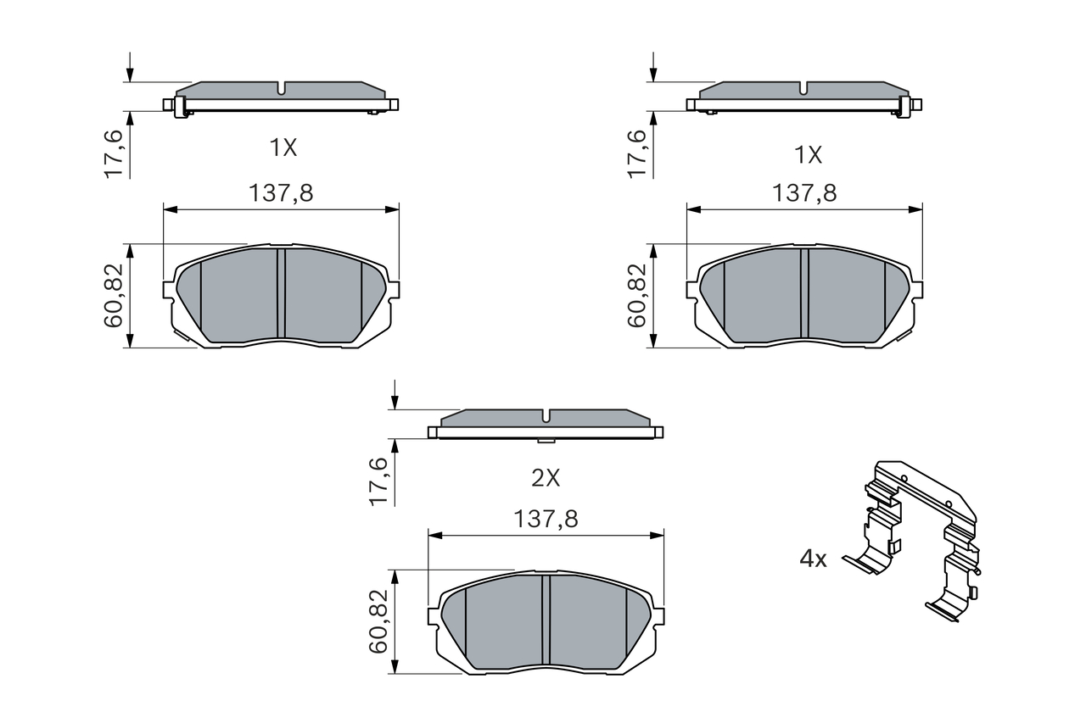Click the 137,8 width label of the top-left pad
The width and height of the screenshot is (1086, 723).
[x=281, y=192]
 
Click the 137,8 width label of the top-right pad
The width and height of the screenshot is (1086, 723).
[x=804, y=192]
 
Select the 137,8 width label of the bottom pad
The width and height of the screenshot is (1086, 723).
[x=546, y=519]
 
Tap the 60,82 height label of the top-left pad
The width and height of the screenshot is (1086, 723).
[x=114, y=296]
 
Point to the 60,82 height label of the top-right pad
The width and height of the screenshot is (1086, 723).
[x=637, y=296]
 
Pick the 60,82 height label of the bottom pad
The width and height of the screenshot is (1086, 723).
[x=378, y=622]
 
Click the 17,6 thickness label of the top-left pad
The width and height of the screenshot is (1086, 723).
[x=114, y=154]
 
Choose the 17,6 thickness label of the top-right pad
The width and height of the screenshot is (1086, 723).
[x=637, y=154]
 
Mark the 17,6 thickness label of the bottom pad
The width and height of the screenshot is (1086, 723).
[x=378, y=481]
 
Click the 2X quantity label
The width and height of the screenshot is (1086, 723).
[x=546, y=478]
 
